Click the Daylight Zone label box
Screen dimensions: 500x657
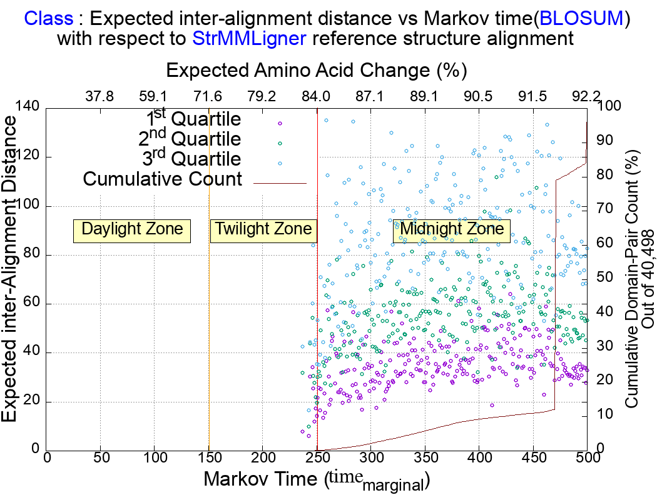(132, 229)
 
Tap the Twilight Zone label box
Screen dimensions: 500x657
(263, 229)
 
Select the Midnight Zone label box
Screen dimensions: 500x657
(452, 229)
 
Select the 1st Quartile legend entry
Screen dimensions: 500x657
(193, 119)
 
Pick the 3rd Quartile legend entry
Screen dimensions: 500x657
(193, 159)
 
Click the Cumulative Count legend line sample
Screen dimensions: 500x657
(280, 183)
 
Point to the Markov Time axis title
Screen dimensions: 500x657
(317, 481)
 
